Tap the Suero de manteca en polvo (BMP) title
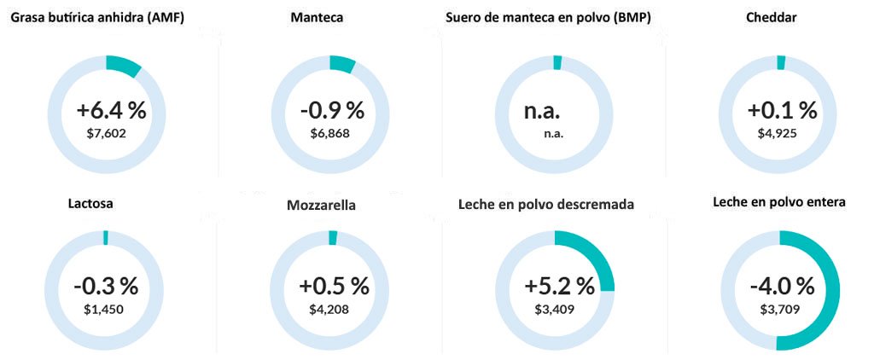(548, 18)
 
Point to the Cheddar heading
(771, 18)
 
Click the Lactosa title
(90, 204)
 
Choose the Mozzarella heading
(322, 206)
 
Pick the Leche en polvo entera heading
(779, 203)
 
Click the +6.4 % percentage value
(111, 111)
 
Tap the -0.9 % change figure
(332, 111)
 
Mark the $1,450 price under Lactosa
(104, 309)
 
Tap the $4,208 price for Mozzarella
(329, 309)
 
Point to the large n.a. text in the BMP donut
(542, 111)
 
